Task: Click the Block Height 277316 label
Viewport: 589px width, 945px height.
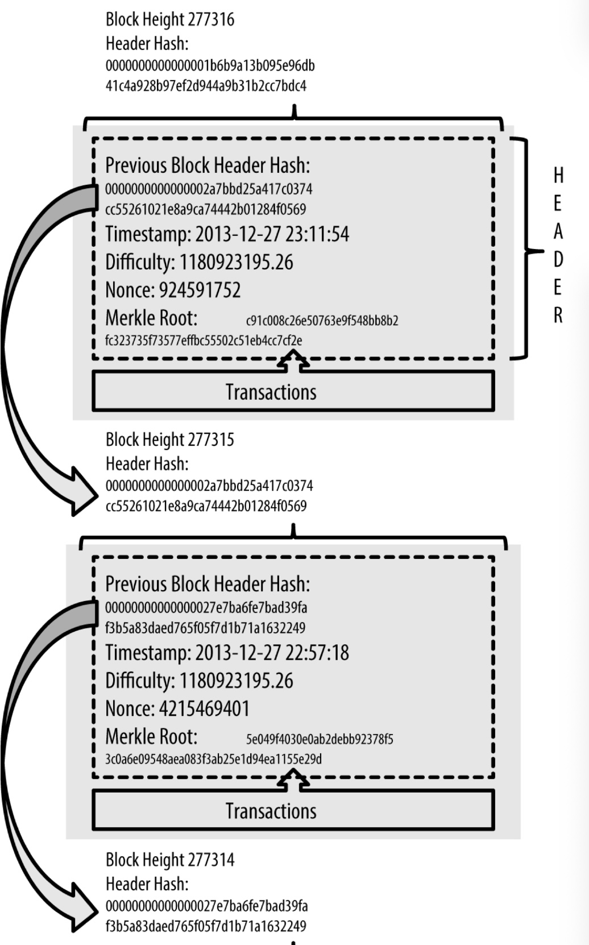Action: click(x=169, y=19)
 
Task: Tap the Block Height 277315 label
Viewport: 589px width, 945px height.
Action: click(x=169, y=440)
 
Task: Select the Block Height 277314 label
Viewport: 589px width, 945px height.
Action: click(x=169, y=860)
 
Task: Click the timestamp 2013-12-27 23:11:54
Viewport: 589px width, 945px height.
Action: click(x=272, y=234)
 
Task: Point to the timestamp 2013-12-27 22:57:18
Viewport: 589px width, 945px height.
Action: click(x=272, y=653)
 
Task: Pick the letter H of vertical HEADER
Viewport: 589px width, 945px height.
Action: click(x=558, y=176)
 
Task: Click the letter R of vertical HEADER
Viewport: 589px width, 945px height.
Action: click(x=558, y=315)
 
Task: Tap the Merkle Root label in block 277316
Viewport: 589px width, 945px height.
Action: click(x=151, y=318)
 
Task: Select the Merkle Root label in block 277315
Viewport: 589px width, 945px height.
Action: click(x=151, y=737)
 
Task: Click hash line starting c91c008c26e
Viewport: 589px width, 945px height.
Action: click(x=322, y=321)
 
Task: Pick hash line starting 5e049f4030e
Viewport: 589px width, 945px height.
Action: click(x=320, y=739)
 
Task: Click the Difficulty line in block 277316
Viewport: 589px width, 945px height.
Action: click(x=199, y=263)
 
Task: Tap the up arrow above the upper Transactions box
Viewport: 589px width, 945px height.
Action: click(x=293, y=362)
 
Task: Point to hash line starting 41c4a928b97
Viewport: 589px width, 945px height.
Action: click(x=206, y=86)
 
